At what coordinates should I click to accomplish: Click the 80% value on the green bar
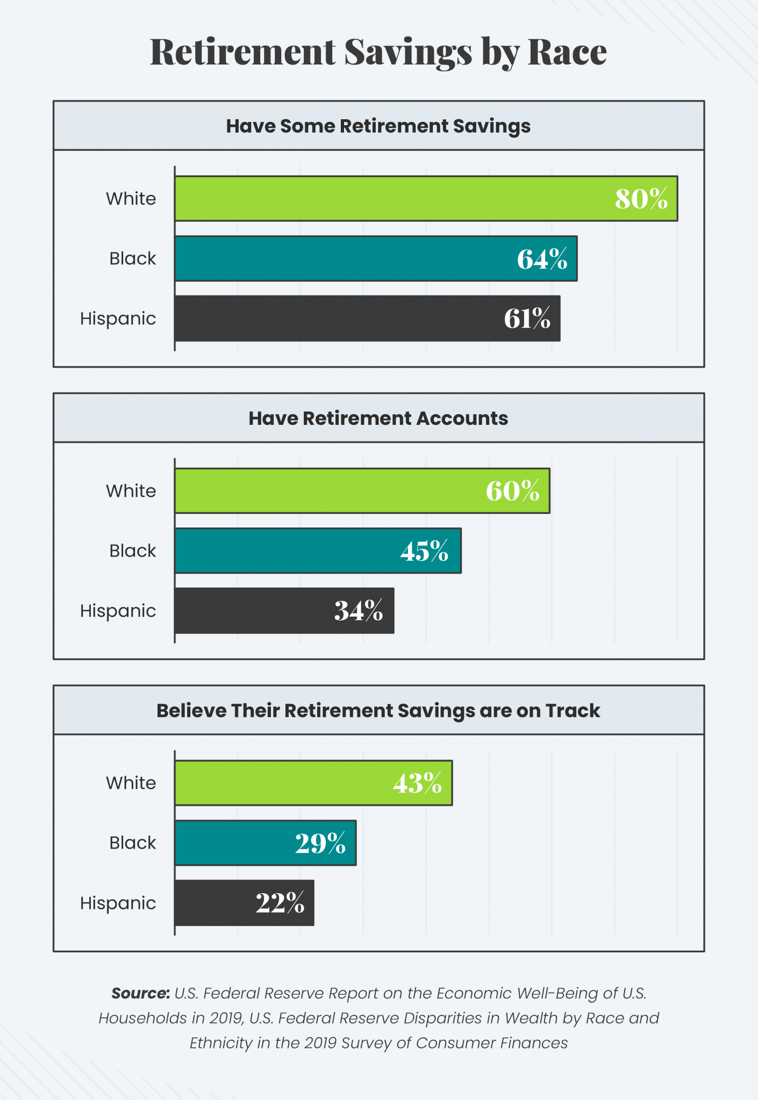[641, 199]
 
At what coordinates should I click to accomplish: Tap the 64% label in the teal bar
[542, 259]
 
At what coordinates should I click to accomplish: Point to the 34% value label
[359, 611]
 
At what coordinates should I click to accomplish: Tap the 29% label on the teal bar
[320, 843]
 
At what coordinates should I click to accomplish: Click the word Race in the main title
[567, 52]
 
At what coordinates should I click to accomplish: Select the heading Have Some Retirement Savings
[378, 126]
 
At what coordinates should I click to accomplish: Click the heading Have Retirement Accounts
[378, 418]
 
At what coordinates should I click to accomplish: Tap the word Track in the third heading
[573, 711]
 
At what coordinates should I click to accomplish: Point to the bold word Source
[141, 993]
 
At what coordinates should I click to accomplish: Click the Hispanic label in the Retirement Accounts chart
[118, 611]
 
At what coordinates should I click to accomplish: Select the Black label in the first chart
[132, 259]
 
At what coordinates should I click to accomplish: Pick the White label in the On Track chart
[131, 783]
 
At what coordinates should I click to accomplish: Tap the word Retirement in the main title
[243, 52]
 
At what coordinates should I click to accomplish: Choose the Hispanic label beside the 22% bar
[118, 903]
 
